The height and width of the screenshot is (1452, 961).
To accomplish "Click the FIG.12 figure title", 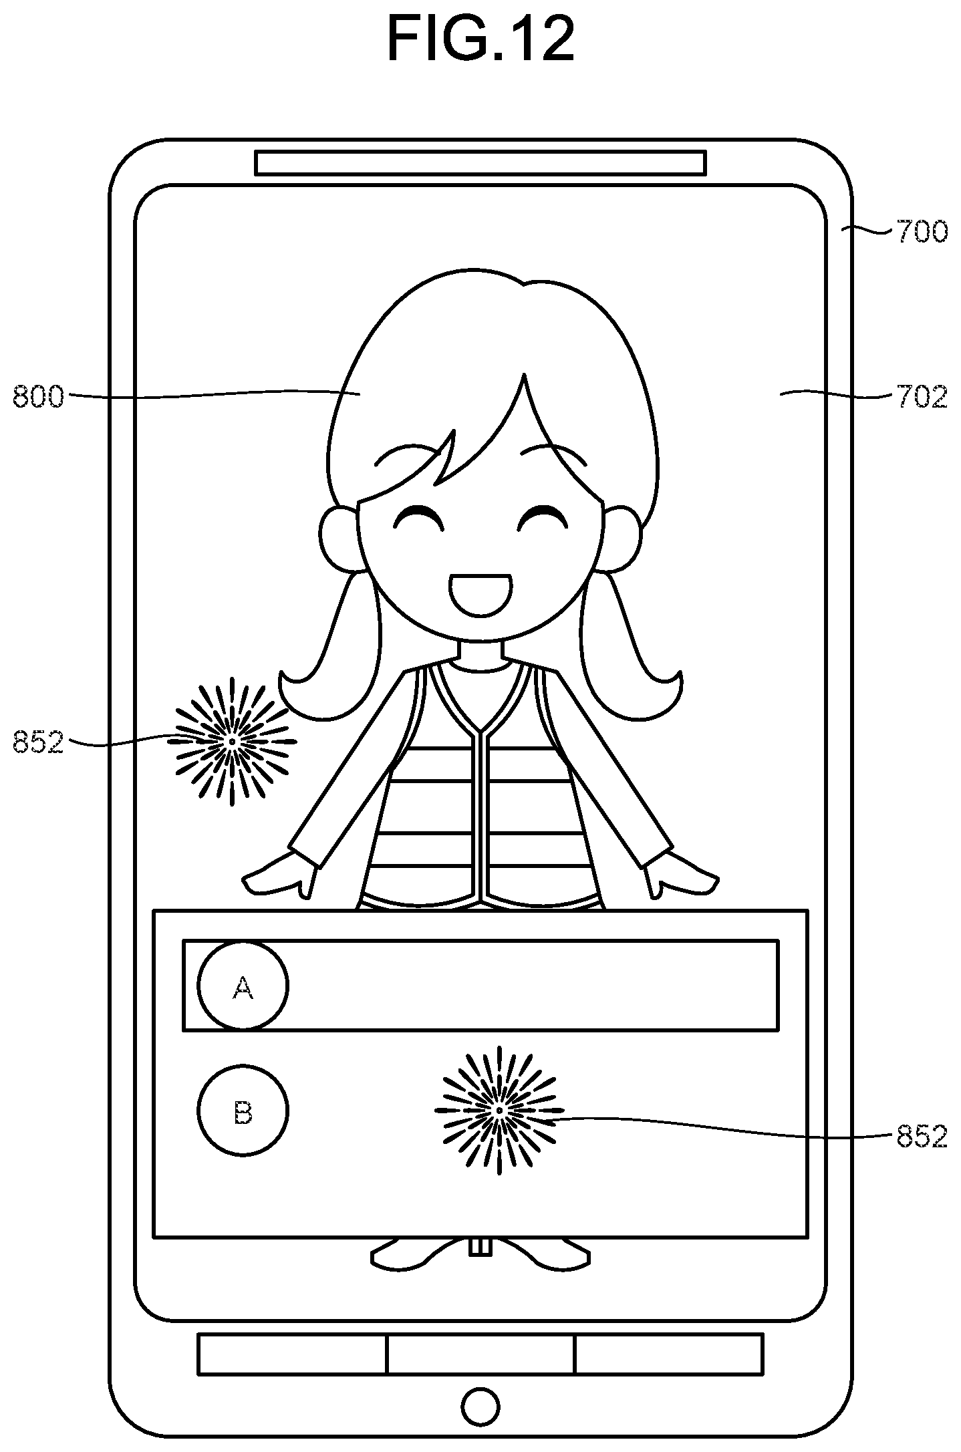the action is click(480, 39).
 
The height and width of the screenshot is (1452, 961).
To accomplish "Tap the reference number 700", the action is click(922, 232).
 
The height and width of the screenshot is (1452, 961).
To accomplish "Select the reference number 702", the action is click(922, 397).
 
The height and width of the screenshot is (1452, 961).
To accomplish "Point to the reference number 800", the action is click(38, 398).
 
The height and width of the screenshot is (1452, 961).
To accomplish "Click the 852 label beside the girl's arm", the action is click(38, 743).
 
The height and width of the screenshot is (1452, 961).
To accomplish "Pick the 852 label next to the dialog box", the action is click(922, 1136).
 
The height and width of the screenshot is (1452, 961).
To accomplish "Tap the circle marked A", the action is click(243, 986).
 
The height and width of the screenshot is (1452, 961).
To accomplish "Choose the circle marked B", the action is click(243, 1111).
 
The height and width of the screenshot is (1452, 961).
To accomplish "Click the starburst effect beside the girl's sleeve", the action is click(232, 741).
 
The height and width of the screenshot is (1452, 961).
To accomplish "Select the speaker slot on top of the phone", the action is click(480, 163).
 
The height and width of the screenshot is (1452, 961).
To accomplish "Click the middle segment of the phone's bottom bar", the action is click(480, 1354).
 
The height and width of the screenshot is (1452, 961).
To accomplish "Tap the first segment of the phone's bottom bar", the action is click(292, 1354).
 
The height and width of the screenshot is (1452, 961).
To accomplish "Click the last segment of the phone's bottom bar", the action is click(668, 1354).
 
